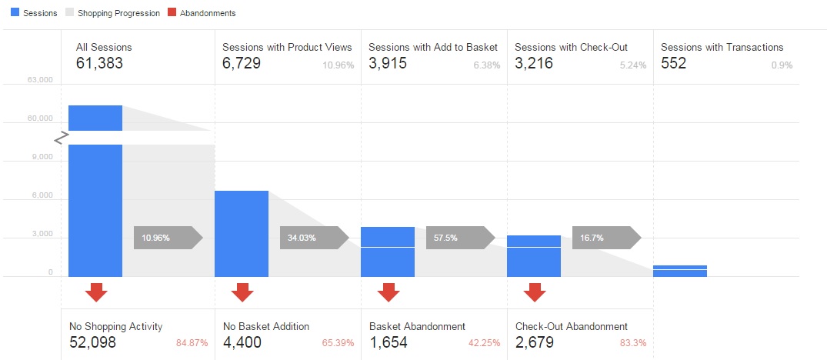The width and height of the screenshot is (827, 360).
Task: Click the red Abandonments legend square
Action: (x=171, y=13)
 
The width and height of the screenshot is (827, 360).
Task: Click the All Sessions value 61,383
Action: (x=99, y=64)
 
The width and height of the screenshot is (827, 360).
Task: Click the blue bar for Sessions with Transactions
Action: (x=680, y=271)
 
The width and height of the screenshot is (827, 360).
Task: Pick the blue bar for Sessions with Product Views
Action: (x=242, y=233)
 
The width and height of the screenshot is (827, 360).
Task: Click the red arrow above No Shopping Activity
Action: (x=96, y=292)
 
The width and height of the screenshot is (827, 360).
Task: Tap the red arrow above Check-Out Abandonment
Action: (x=535, y=292)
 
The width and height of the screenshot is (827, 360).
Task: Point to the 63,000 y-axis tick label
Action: (x=38, y=80)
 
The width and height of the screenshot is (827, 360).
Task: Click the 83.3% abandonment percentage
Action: (x=634, y=343)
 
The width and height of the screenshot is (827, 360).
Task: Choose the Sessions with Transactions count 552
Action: (x=673, y=64)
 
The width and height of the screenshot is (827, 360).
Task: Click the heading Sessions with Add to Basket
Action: (x=433, y=48)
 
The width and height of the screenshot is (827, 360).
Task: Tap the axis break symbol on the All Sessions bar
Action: (x=61, y=138)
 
